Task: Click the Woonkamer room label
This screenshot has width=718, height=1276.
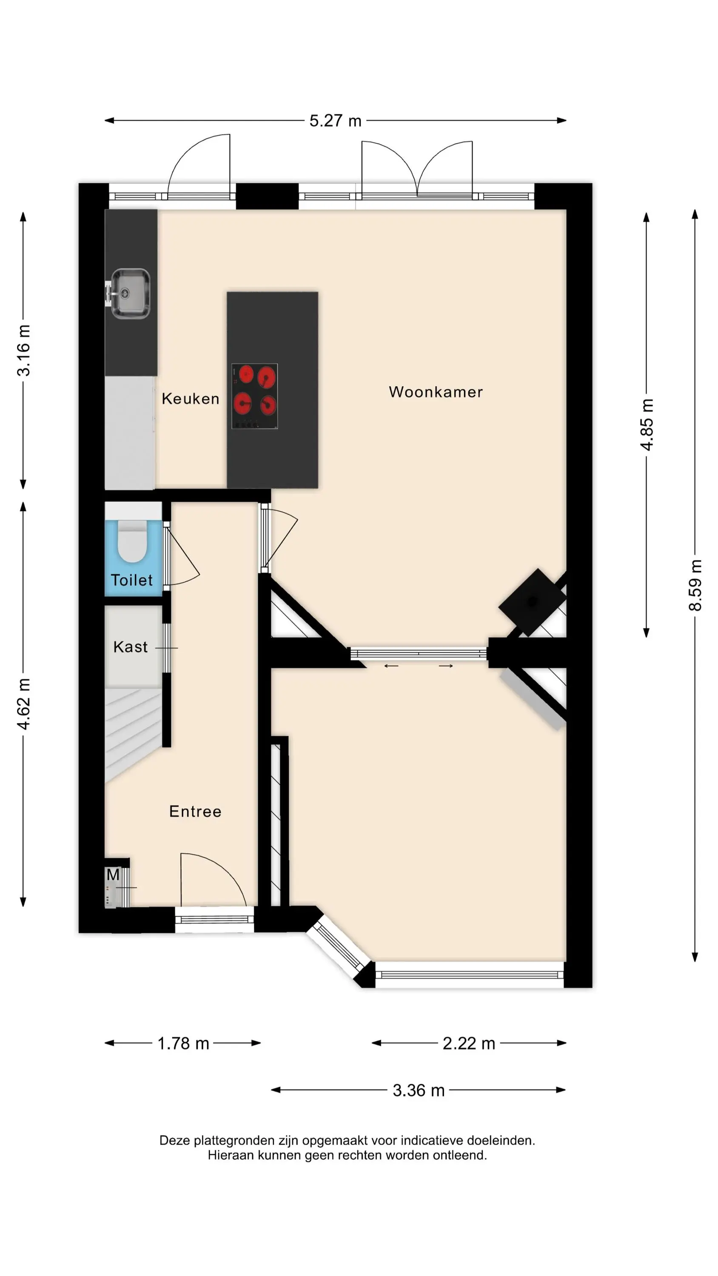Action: [x=436, y=392]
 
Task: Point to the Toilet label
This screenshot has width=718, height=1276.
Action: [x=131, y=580]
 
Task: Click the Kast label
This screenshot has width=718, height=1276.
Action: [x=130, y=647]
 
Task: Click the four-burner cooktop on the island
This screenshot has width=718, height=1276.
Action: [x=255, y=396]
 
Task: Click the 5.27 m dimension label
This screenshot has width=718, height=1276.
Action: [x=336, y=120]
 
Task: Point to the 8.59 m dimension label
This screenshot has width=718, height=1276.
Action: [x=695, y=585]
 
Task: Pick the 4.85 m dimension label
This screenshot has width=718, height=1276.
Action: [x=646, y=424]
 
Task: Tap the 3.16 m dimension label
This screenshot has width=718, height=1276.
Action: [x=23, y=350]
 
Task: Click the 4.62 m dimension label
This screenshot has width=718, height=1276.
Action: [x=23, y=704]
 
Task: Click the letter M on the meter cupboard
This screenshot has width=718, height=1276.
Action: [x=113, y=874]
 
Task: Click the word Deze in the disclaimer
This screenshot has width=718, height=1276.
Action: [x=175, y=1140]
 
